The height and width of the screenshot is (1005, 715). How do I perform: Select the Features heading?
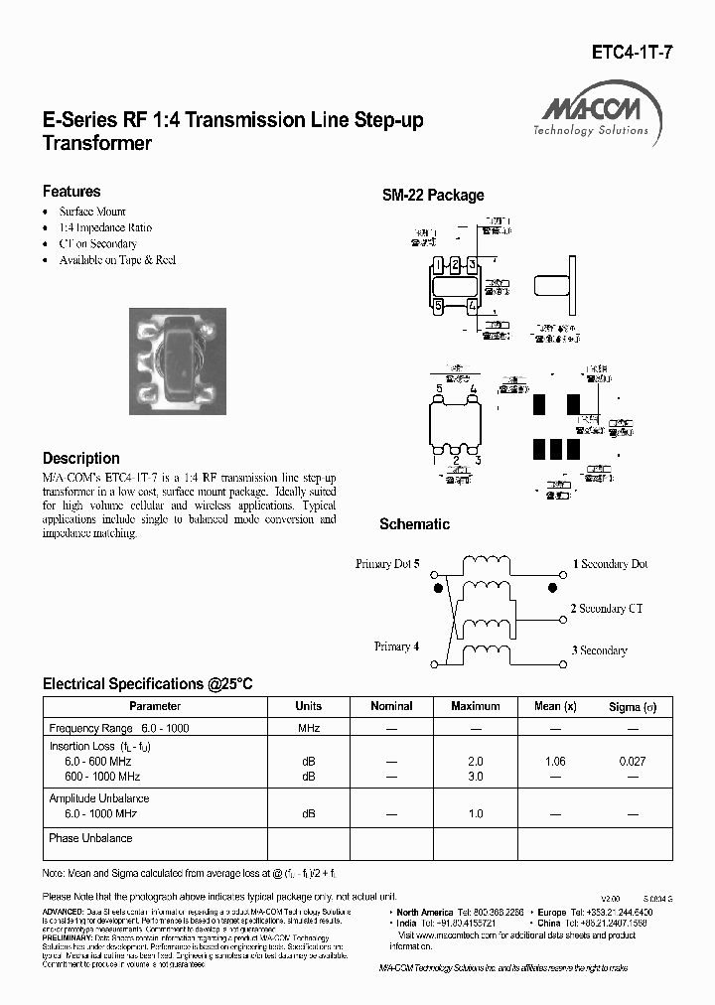[x=71, y=192]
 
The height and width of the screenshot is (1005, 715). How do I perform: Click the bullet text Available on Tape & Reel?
[x=117, y=259]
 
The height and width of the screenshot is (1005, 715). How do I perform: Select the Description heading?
[x=81, y=459]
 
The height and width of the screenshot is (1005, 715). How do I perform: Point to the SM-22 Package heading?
[x=433, y=196]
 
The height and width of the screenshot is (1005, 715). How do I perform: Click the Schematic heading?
[x=414, y=524]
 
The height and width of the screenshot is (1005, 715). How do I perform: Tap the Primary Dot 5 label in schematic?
[x=387, y=564]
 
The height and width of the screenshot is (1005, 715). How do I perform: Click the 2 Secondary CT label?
[x=613, y=609]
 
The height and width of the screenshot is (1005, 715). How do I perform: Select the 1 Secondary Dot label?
[x=610, y=564]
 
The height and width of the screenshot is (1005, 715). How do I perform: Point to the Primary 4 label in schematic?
[x=396, y=646]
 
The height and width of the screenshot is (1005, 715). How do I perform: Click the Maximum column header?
[x=475, y=706]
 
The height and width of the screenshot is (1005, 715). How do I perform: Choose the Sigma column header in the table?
[x=633, y=706]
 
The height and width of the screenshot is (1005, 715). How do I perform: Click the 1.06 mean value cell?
[x=555, y=761]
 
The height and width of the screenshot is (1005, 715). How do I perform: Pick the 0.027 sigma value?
[x=632, y=761]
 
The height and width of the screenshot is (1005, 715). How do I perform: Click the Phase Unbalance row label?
[x=90, y=838]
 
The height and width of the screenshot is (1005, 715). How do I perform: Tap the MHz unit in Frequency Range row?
[x=308, y=728]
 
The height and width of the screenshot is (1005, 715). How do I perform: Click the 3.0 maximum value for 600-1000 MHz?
[x=475, y=777]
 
